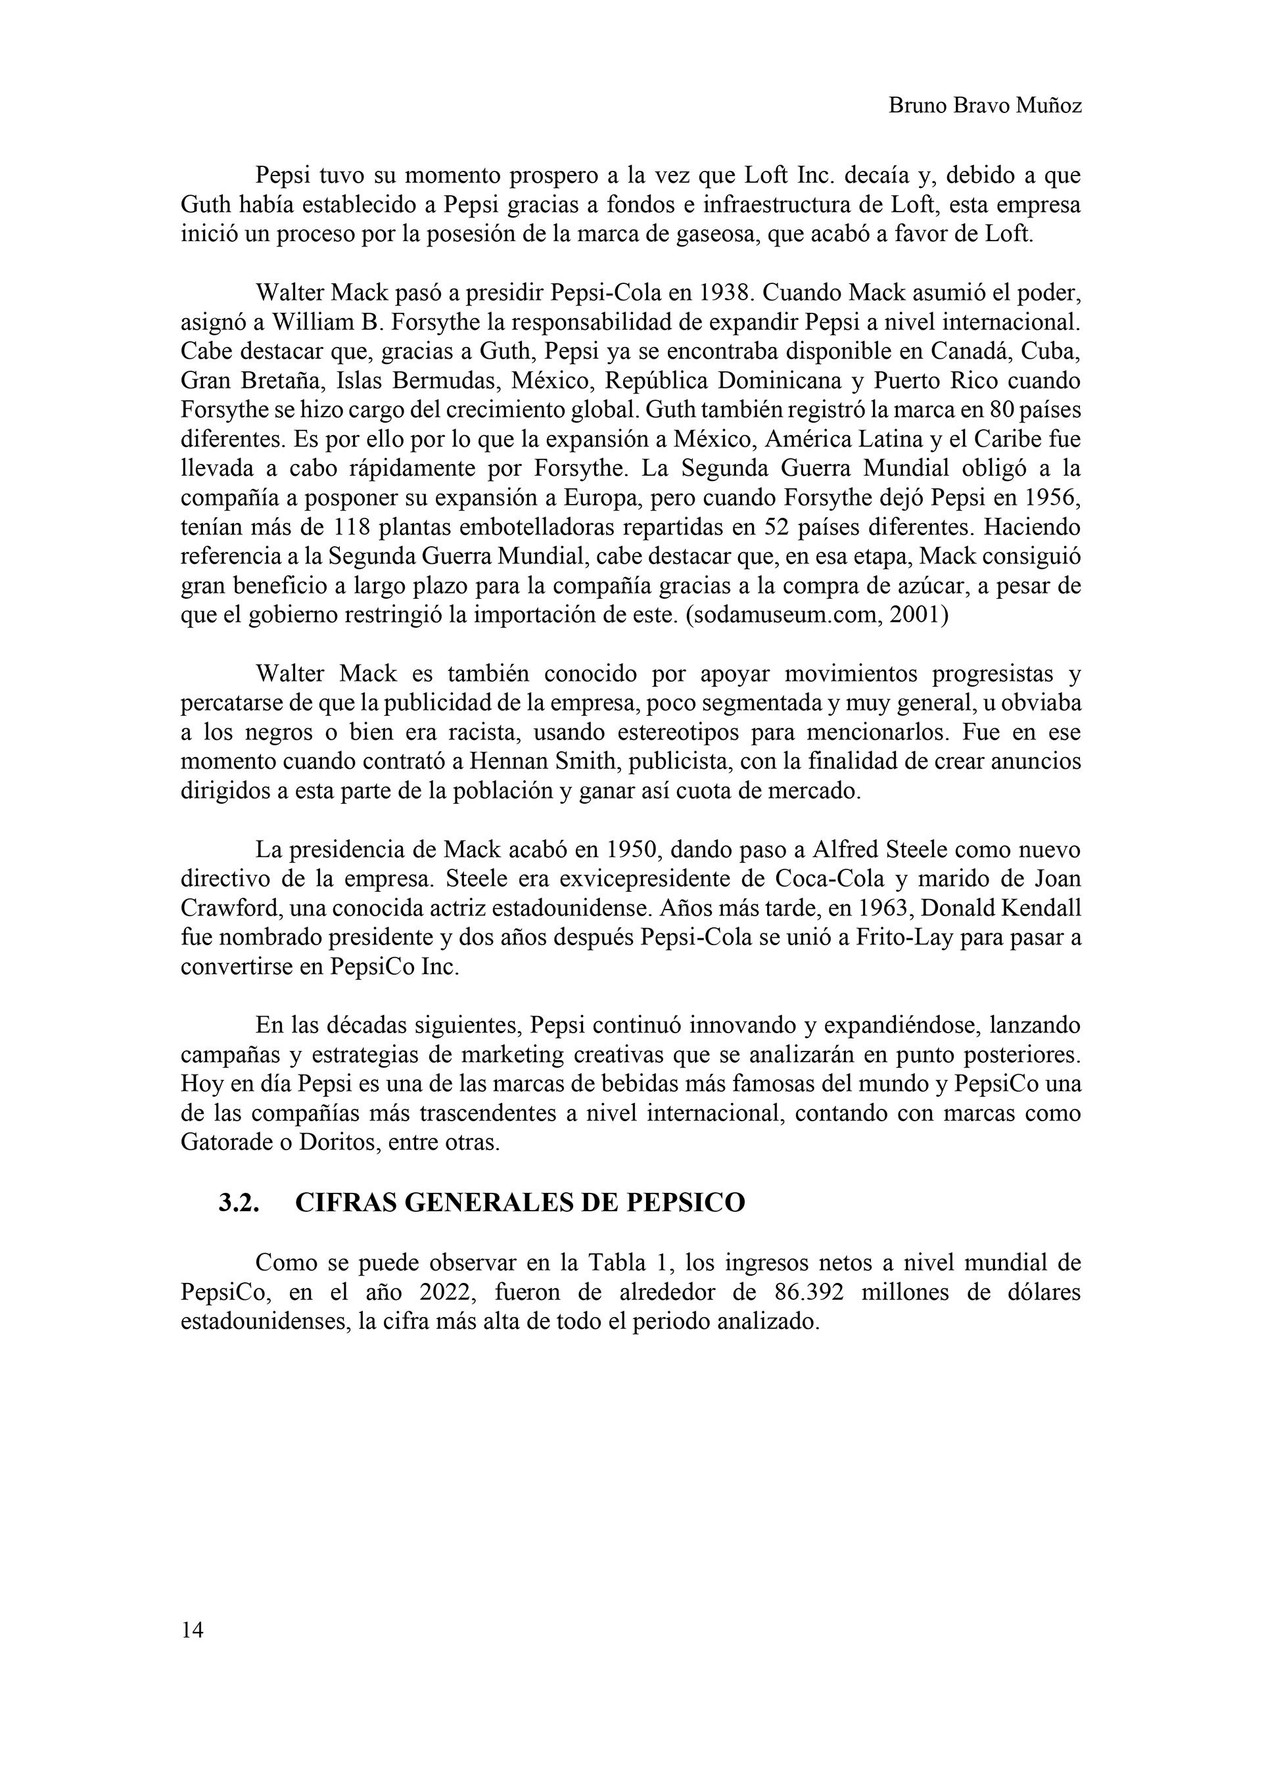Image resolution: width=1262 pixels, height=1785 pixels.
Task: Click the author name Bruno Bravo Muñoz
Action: pyautogui.click(x=985, y=106)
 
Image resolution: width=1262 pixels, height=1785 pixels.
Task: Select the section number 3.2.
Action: pyautogui.click(x=238, y=1203)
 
